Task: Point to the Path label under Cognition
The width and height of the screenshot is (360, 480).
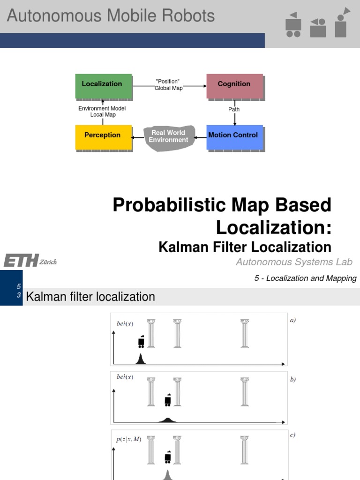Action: [x=234, y=110]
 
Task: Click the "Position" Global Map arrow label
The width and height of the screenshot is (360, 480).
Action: [x=168, y=85]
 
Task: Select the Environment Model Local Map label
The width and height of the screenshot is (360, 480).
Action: [x=102, y=112]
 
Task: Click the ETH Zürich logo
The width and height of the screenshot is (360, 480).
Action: [x=30, y=261]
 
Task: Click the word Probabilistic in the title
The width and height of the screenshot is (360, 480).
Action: [x=166, y=205]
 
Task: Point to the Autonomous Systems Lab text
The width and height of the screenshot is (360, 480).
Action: [x=294, y=262]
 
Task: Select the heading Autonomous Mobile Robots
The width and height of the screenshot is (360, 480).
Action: [x=111, y=16]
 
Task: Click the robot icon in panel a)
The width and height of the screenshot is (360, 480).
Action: [x=141, y=342]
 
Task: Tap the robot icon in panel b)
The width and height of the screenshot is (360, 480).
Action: [x=168, y=400]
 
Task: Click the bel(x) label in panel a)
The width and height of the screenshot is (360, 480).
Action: [x=125, y=323]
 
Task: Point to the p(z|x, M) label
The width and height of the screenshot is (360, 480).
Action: [x=128, y=439]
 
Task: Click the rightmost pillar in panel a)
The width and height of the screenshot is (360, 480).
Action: [x=244, y=334]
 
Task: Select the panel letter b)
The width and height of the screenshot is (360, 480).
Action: [x=293, y=380]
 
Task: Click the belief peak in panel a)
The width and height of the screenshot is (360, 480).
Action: [x=140, y=360]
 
